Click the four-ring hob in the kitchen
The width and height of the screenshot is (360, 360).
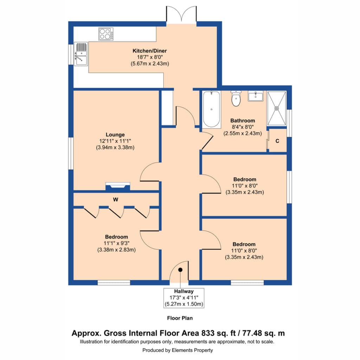pos(106,34)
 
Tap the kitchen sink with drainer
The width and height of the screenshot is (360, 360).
pos(81,54)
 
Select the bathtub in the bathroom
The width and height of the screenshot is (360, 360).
pos(211,109)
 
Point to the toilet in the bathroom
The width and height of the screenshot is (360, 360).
pos(236,98)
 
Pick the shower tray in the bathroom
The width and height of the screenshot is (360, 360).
pos(277,108)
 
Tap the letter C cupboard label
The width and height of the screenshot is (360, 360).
pos(277,141)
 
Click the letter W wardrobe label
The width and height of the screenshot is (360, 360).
pos(115,200)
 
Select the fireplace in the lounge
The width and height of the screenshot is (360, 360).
pos(118,186)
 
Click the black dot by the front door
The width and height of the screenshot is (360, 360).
pos(180,270)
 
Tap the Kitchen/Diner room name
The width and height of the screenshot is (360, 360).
pos(150,51)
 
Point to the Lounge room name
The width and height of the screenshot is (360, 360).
pos(115,135)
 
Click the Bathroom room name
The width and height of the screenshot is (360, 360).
pos(243,121)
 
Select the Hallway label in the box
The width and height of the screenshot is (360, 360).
pos(184,291)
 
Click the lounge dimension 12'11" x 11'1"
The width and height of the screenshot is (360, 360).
pos(115,141)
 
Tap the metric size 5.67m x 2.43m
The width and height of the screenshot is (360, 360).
pos(150,64)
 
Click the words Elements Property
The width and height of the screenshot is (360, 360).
pos(192,350)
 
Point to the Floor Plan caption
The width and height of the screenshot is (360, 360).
pos(180,318)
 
